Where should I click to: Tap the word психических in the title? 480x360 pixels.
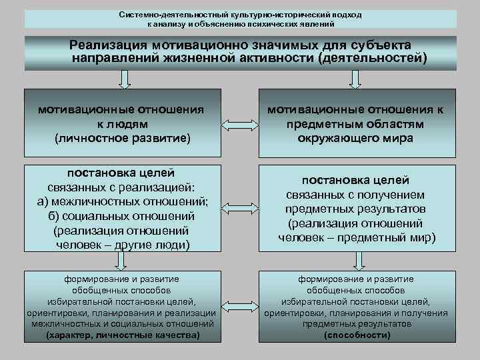pos(277,23)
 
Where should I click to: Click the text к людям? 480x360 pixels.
pos(121,124)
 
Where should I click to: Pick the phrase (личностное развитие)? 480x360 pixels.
pos(121,138)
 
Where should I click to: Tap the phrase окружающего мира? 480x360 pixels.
pos(356,138)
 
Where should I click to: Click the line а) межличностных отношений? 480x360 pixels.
pos(121,203)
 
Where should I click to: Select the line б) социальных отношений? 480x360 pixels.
pos(121,217)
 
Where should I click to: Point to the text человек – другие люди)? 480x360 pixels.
pos(121,245)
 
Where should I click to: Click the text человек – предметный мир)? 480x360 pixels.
pos(356,237)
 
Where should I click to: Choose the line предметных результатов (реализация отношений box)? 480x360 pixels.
pos(356,209)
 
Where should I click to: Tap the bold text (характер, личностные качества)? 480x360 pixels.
pos(121,335)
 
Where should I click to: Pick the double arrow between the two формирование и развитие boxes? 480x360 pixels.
pos(238,307)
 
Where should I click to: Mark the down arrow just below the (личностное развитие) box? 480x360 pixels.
pos(123,159)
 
